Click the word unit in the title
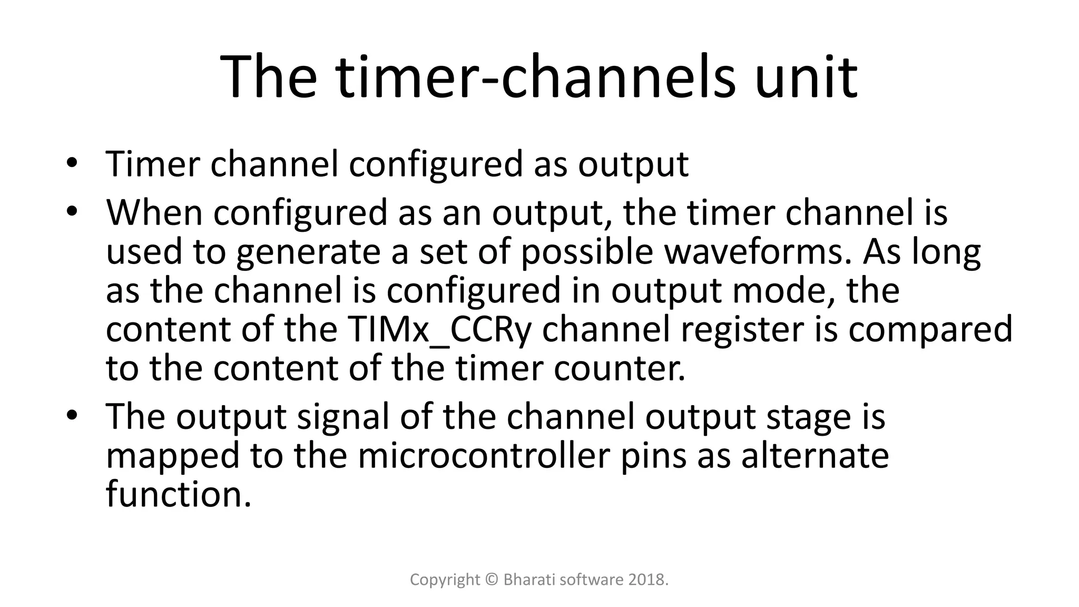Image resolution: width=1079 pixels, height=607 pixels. tap(806, 78)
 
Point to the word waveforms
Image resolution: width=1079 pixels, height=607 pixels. tap(758, 251)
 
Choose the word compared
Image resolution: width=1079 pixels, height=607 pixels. tap(928, 329)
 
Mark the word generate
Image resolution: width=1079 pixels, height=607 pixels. tap(308, 251)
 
